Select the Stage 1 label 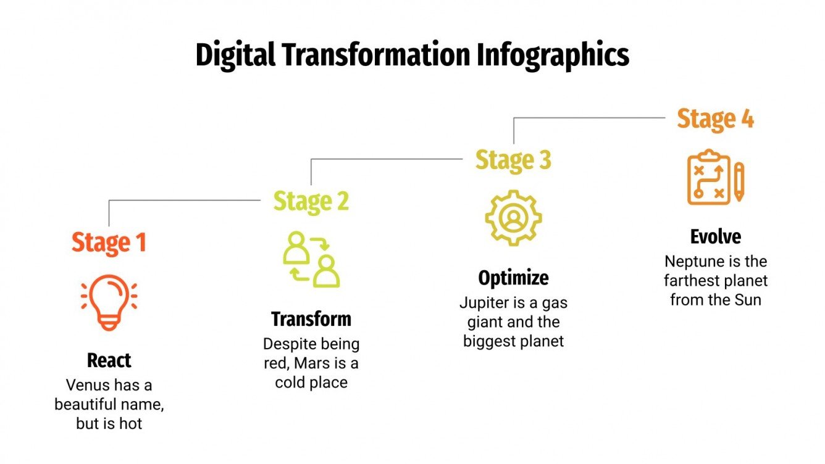[x=109, y=242]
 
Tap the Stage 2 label [x=311, y=201]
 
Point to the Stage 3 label [x=513, y=160]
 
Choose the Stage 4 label [x=715, y=118]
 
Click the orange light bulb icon [x=109, y=302]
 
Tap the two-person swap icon [x=311, y=260]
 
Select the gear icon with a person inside [x=513, y=218]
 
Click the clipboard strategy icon [x=709, y=176]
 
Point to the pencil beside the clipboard [x=739, y=181]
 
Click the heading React [x=109, y=360]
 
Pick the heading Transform [x=311, y=319]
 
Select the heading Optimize [x=513, y=278]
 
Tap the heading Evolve [x=715, y=236]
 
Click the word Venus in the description [x=86, y=385]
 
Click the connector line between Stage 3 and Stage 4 [x=587, y=118]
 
